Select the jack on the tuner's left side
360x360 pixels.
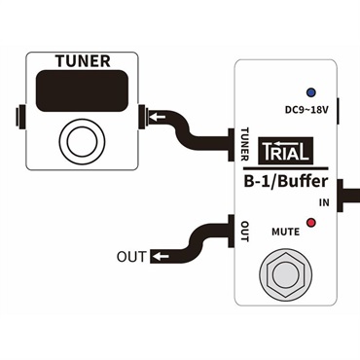pyautogui.click(x=19, y=121)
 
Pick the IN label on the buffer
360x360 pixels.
pyautogui.click(x=323, y=201)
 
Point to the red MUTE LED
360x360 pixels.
pyautogui.click(x=310, y=223)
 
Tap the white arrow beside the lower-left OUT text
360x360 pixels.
pyautogui.click(x=157, y=258)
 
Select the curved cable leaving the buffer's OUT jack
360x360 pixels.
pyautogui.click(x=199, y=238)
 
